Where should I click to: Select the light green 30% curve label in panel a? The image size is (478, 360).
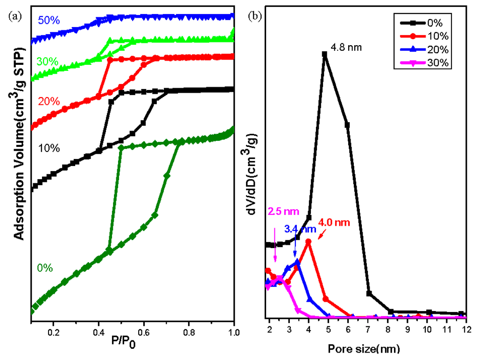point(47,62)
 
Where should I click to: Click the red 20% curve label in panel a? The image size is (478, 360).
point(48,102)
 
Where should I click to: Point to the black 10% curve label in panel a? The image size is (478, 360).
point(49,148)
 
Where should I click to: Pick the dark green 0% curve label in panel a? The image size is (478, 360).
point(45,268)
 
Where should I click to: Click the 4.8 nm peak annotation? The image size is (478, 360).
point(346,48)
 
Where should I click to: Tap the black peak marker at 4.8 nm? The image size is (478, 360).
point(324,54)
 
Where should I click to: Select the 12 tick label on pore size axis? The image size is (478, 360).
point(465,329)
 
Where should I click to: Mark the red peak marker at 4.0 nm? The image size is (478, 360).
point(308,242)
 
